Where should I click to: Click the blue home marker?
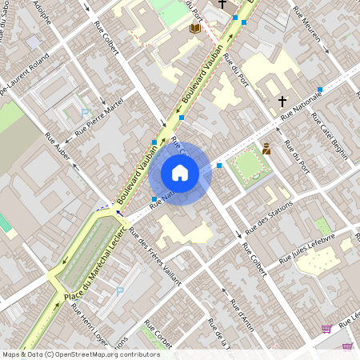tap(180, 172)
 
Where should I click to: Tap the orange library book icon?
tap(194, 29)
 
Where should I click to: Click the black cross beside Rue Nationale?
tap(282, 102)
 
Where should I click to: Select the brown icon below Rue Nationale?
tap(266, 149)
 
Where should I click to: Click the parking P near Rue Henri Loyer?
tap(119, 291)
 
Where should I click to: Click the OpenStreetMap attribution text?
tap(81, 354)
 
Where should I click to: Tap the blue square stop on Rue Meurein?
tap(319, 89)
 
